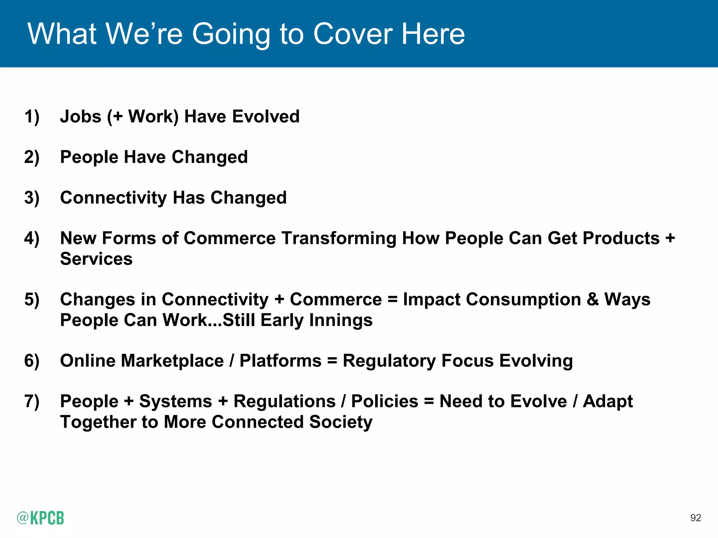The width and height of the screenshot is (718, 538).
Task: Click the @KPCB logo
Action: tap(40, 518)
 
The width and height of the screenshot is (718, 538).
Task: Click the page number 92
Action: tap(696, 518)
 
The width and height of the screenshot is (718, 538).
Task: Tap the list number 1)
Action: tap(32, 116)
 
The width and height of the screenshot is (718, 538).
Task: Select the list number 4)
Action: tap(32, 238)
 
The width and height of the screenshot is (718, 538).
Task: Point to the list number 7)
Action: tap(32, 401)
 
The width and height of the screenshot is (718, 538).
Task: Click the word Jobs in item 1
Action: tap(81, 116)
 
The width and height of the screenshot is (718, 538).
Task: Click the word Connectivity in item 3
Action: tap(113, 198)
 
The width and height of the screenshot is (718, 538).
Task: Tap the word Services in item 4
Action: tap(96, 259)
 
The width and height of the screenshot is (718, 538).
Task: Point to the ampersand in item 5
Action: tap(592, 299)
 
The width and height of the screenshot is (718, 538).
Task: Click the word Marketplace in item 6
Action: tap(172, 361)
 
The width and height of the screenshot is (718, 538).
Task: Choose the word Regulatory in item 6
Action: tap(389, 361)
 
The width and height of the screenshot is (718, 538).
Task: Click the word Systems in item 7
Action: tap(175, 401)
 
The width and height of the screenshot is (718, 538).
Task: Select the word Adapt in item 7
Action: tap(608, 402)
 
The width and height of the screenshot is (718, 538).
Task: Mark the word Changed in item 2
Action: tap(209, 157)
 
